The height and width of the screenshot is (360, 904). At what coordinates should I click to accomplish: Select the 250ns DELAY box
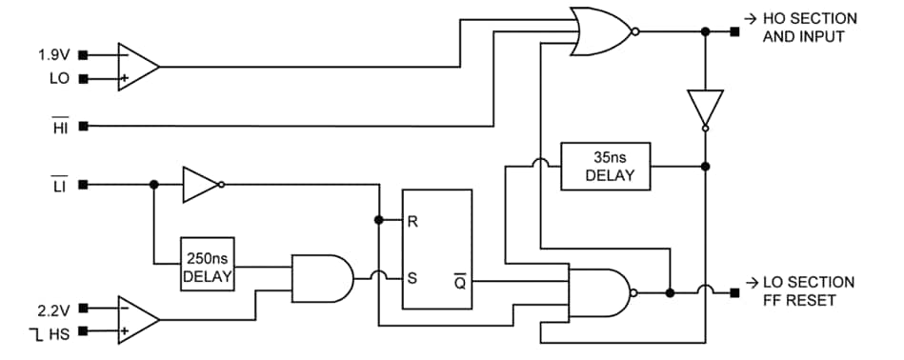click(207, 266)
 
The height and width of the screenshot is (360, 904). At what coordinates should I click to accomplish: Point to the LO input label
click(59, 78)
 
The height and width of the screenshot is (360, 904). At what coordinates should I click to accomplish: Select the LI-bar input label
click(60, 185)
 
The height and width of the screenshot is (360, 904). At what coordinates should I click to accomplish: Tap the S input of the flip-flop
click(412, 279)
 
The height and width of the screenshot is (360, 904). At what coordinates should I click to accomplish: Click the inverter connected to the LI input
click(200, 185)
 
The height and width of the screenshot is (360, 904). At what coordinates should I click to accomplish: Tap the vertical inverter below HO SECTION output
click(705, 108)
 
